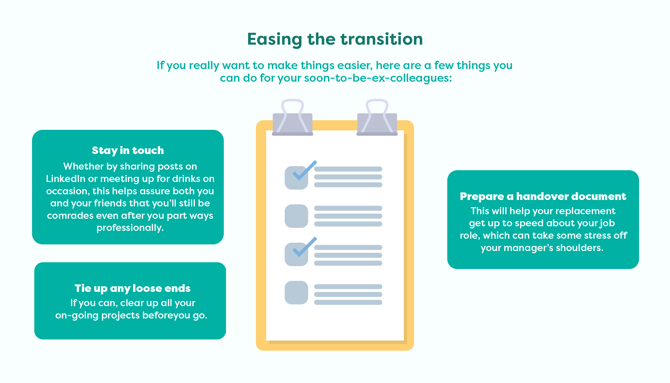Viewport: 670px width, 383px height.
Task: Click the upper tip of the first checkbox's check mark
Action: [x=316, y=162]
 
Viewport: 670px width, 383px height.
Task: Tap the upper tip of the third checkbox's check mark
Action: [x=316, y=238]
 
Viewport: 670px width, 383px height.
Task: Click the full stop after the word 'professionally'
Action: [x=162, y=231]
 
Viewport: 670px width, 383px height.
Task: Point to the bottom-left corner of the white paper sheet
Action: [x=266, y=341]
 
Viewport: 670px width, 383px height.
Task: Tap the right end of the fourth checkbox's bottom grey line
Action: [x=382, y=302]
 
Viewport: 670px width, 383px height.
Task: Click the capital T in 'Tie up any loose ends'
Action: [x=78, y=288]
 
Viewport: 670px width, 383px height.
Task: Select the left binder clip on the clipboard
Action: [x=292, y=117]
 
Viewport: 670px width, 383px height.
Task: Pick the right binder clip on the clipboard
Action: [x=377, y=117]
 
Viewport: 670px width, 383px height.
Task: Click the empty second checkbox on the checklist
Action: [x=296, y=216]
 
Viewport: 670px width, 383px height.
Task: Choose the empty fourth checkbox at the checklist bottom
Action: [x=296, y=293]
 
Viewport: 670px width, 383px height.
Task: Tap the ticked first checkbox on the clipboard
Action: [x=296, y=178]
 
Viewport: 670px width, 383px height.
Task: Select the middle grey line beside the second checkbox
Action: [x=348, y=216]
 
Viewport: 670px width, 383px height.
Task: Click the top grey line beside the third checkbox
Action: [x=348, y=247]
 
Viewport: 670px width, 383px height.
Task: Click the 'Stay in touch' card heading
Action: [x=128, y=151]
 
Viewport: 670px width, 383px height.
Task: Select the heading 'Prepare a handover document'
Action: [x=543, y=196]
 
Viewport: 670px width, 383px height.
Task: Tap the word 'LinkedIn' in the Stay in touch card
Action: [x=65, y=179]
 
